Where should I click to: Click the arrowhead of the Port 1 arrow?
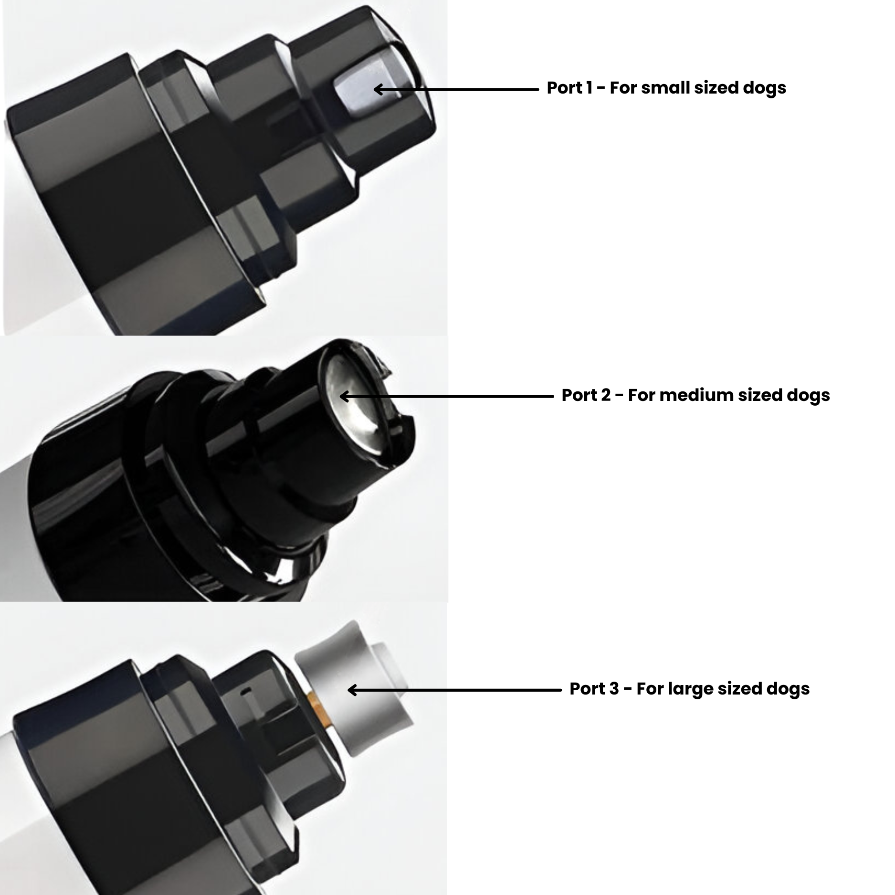(x=378, y=89)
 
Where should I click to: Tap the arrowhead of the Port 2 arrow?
(x=344, y=396)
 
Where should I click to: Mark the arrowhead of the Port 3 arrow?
(x=352, y=690)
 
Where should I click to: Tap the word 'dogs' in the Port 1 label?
(x=764, y=88)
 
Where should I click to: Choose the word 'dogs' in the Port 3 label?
(x=788, y=689)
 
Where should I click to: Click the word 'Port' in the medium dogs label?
(x=579, y=395)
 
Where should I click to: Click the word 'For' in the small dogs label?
(x=623, y=88)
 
